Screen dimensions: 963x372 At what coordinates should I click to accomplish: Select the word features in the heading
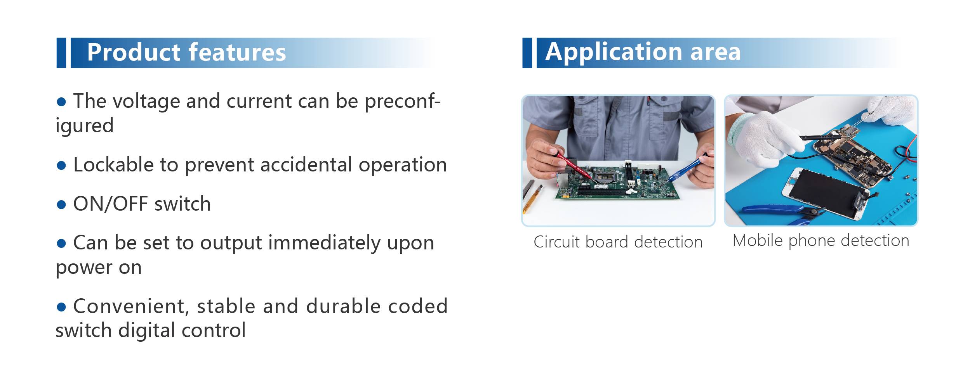(237, 52)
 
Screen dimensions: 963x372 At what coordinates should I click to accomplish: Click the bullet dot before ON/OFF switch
(61, 204)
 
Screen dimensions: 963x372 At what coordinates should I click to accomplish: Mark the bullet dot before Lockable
(61, 166)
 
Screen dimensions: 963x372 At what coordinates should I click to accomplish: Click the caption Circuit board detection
(618, 242)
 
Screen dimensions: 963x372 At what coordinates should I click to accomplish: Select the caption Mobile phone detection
(821, 241)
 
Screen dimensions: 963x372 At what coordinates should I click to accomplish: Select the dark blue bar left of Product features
(61, 53)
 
